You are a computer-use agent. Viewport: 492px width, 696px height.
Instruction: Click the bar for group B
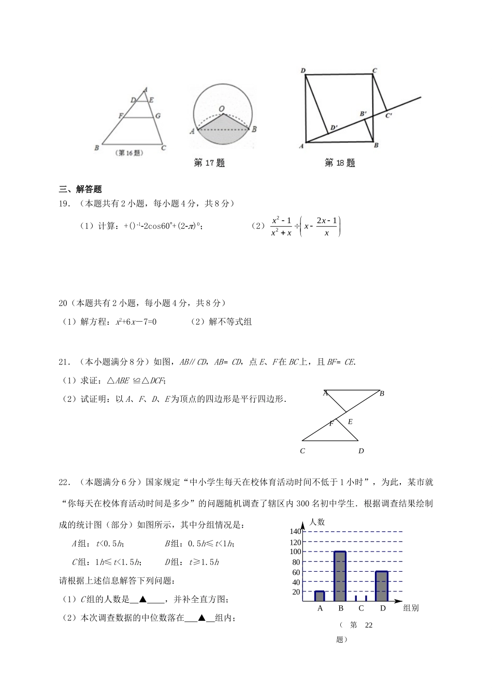[340, 576]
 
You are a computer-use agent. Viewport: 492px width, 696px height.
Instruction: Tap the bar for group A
[320, 596]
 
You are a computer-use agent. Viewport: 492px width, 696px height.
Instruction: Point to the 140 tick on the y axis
[295, 532]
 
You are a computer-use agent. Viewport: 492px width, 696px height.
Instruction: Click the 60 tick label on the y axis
[296, 572]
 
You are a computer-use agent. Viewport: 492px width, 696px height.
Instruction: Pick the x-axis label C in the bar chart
[361, 608]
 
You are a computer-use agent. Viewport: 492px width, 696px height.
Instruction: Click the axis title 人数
[317, 522]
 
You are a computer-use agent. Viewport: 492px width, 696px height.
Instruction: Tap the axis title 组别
[411, 608]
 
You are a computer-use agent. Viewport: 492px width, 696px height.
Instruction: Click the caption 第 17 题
[209, 163]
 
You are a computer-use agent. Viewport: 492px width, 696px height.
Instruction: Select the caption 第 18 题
[340, 163]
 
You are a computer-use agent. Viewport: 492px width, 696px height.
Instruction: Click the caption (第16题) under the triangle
[129, 153]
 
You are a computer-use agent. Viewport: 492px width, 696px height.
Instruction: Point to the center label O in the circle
[222, 109]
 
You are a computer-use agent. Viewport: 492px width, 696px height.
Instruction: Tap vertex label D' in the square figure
[334, 127]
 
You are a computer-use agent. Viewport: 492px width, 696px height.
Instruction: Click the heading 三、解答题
[80, 189]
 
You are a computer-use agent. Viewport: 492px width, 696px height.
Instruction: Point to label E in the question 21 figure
[350, 422]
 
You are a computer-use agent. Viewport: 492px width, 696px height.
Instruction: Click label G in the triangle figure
[157, 116]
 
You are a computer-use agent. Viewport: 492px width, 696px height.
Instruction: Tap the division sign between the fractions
[297, 226]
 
